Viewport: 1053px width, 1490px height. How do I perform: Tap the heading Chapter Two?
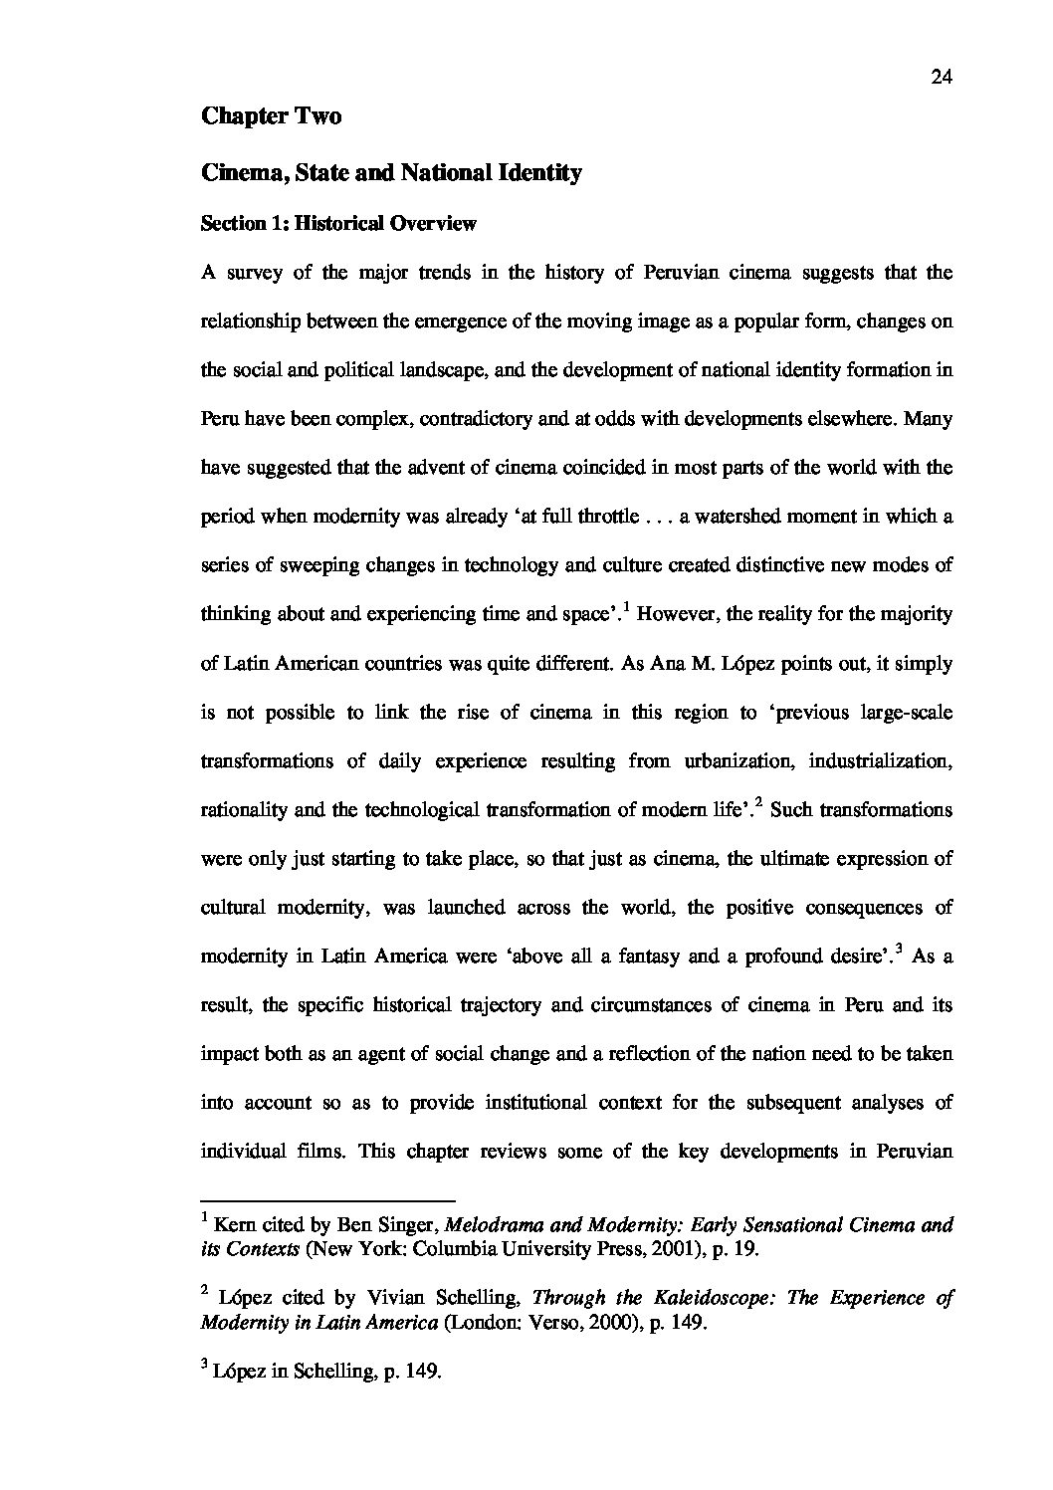(x=271, y=116)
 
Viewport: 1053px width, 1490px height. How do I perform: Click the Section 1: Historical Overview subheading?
(x=338, y=224)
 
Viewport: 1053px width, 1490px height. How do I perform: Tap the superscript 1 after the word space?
(x=626, y=606)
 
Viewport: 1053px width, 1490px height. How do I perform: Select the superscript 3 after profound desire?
(x=899, y=949)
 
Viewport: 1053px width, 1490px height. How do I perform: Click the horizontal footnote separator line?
(x=327, y=1200)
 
